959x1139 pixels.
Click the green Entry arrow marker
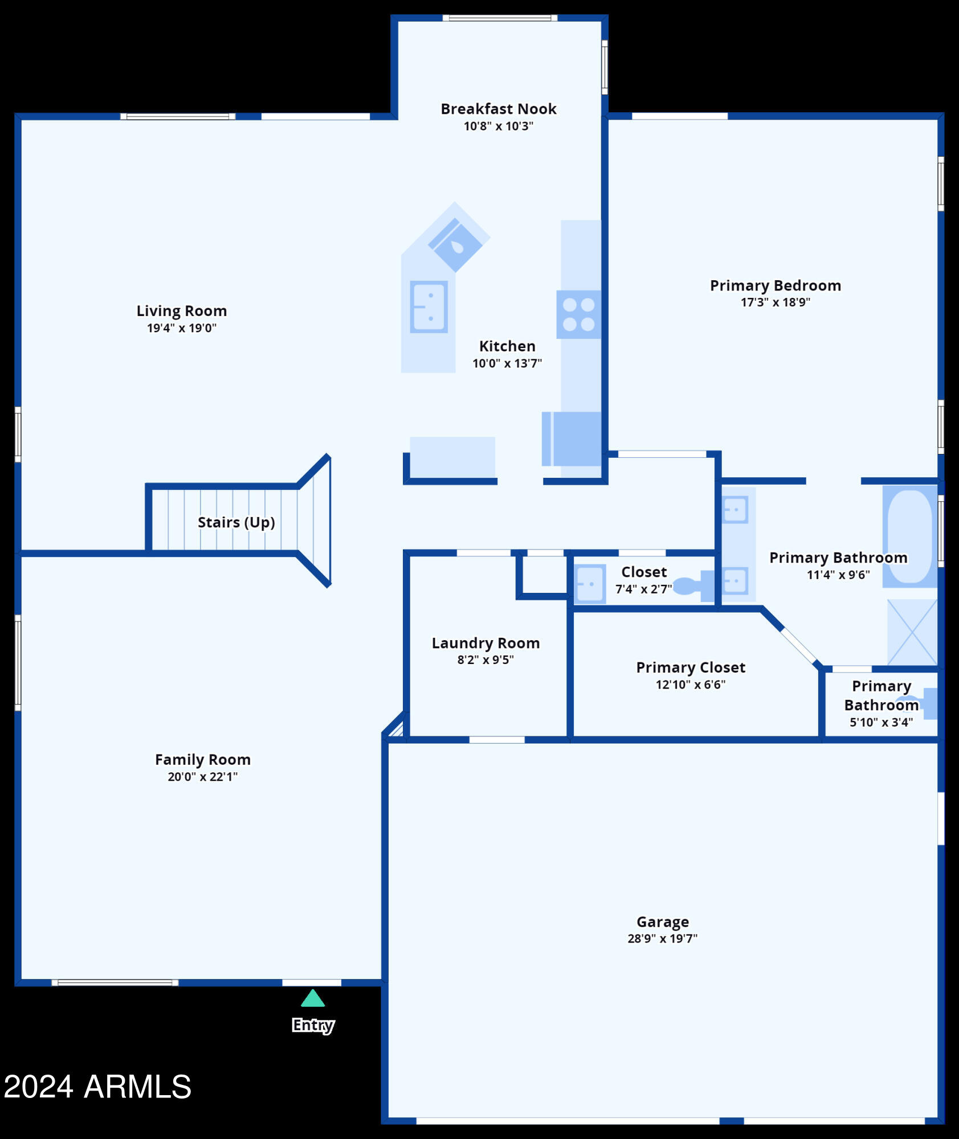click(313, 998)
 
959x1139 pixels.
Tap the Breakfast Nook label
click(499, 109)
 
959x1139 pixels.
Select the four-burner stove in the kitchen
click(578, 314)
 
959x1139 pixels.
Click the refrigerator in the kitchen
click(572, 439)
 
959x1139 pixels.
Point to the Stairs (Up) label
click(236, 522)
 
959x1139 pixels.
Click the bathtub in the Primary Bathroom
click(910, 536)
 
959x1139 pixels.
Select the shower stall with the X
click(912, 632)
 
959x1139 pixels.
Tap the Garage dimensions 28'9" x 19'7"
click(663, 938)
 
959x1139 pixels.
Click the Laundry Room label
click(485, 643)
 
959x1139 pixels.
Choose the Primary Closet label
click(691, 667)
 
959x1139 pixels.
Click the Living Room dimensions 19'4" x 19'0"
click(182, 328)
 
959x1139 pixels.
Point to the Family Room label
click(203, 760)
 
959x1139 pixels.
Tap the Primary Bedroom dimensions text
click(776, 302)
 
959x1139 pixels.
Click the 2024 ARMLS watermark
click(97, 1086)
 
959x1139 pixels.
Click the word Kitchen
click(507, 346)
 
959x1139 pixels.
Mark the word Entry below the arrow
click(313, 1025)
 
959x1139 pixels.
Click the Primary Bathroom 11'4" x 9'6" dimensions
click(838, 575)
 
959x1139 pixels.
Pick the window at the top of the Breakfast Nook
click(500, 18)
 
